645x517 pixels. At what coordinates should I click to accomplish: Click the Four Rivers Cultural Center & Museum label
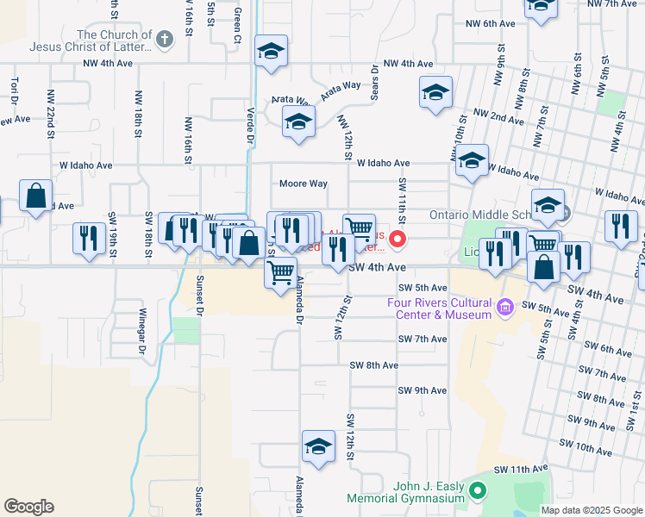(x=438, y=308)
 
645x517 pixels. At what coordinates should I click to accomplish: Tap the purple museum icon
(x=506, y=305)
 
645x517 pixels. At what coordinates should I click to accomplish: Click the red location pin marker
(x=398, y=238)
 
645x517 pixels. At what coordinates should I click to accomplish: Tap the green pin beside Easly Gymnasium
(x=477, y=492)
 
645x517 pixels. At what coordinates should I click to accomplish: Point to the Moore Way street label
(x=303, y=184)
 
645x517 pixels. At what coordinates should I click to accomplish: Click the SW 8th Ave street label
(x=373, y=365)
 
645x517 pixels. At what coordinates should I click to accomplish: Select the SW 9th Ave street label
(x=423, y=390)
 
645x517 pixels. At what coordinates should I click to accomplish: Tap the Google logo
(x=28, y=507)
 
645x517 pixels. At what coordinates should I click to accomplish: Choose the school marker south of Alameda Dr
(x=318, y=446)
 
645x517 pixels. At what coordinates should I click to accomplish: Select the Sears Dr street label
(x=375, y=84)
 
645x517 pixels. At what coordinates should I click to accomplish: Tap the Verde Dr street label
(x=250, y=125)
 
